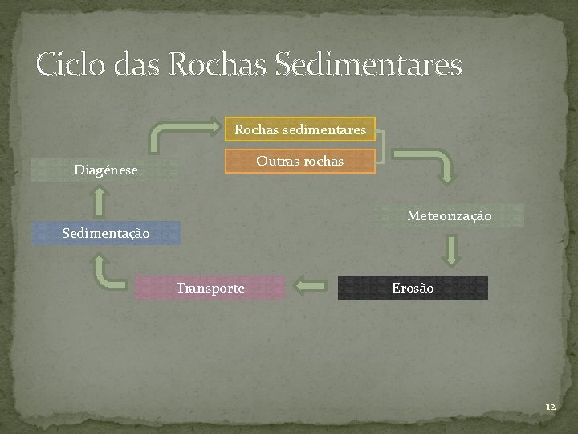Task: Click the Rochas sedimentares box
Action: [299, 129]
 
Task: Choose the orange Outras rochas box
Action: [299, 161]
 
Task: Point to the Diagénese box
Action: [105, 170]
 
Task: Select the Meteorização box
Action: [449, 216]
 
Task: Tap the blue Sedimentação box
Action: [106, 233]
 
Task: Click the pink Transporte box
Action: [210, 288]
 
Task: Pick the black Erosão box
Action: [413, 288]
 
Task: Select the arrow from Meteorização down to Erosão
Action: [452, 251]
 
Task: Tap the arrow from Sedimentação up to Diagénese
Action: [99, 201]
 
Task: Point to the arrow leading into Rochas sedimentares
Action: [185, 133]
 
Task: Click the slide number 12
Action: [549, 407]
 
